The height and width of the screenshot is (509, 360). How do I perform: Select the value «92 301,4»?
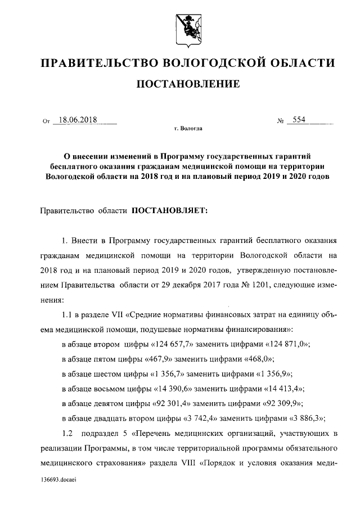click(174, 403)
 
